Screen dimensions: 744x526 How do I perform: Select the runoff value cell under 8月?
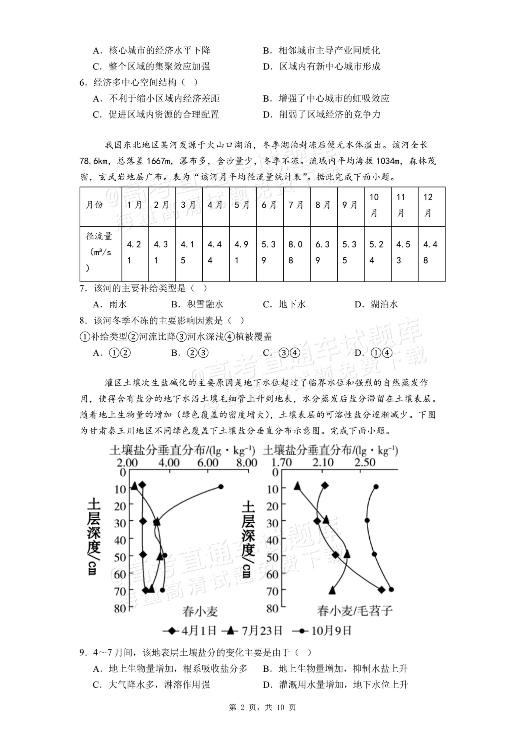(x=323, y=252)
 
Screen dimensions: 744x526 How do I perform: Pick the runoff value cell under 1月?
(x=135, y=252)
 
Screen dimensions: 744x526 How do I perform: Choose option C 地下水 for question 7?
(x=284, y=304)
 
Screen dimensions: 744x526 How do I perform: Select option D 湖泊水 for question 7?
(x=376, y=304)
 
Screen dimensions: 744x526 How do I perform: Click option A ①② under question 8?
(x=112, y=353)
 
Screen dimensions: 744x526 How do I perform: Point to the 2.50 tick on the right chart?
(x=365, y=463)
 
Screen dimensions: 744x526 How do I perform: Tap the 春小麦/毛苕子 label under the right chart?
(x=355, y=611)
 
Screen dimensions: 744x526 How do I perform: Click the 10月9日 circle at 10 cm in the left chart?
(x=221, y=487)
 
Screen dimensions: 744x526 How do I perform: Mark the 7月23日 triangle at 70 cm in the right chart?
(x=332, y=590)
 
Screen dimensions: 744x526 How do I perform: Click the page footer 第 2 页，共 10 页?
(x=262, y=708)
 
